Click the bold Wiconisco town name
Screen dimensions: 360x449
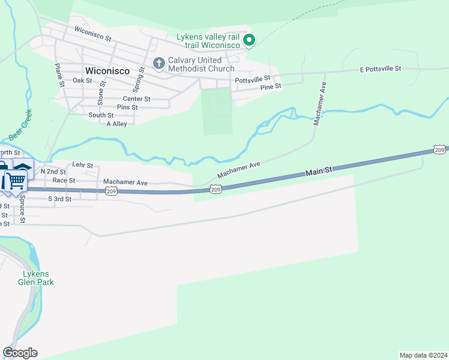(x=108, y=70)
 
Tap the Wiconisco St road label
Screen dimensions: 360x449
(x=93, y=33)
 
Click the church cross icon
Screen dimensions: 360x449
(x=159, y=62)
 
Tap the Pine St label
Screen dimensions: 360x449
(x=271, y=86)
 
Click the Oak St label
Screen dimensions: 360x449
(x=82, y=80)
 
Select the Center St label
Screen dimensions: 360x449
(x=136, y=99)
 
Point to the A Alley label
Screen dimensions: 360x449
(x=116, y=124)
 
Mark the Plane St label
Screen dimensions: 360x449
(x=59, y=76)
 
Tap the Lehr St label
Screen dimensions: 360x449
(x=82, y=165)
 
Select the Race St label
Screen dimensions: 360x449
(x=64, y=180)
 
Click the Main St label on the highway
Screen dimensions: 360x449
(x=319, y=172)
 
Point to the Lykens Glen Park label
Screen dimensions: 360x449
(x=35, y=278)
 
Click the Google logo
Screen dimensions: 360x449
(x=20, y=353)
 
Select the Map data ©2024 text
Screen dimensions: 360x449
(x=423, y=355)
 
